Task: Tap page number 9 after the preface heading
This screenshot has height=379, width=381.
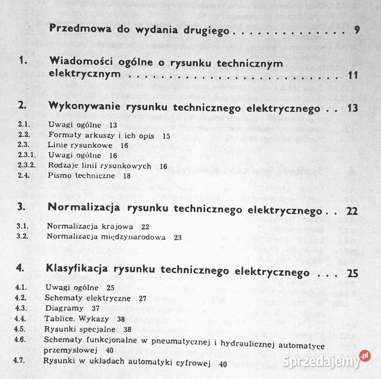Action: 357,30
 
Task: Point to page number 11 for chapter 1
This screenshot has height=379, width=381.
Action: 353,75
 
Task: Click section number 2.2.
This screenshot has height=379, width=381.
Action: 23,135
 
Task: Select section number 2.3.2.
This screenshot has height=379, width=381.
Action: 26,166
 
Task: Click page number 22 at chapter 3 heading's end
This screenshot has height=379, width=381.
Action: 352,211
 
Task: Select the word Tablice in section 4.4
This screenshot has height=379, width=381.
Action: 62,318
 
